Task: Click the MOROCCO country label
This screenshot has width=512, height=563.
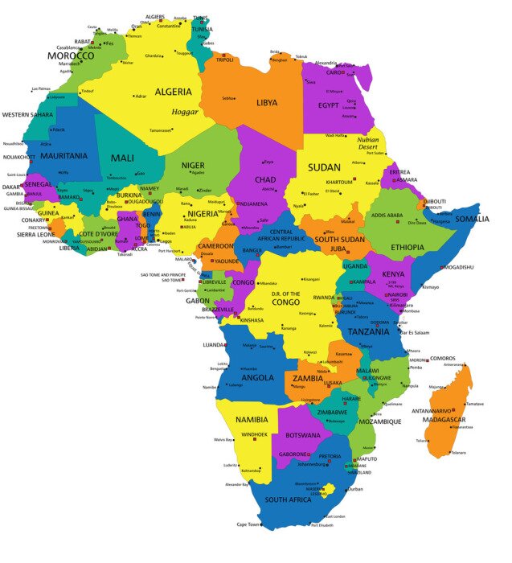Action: [x=71, y=56]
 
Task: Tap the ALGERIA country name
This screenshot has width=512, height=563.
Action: [x=173, y=92]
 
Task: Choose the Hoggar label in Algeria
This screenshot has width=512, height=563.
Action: [x=185, y=111]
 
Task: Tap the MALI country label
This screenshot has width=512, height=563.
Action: [x=122, y=158]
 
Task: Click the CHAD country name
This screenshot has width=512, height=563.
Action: [x=265, y=179]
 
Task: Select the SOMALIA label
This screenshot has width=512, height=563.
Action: [x=472, y=219]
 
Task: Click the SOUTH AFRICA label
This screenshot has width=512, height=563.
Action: [x=288, y=500]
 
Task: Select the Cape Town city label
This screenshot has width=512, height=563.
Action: [x=248, y=524]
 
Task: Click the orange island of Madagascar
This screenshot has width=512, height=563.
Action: [x=450, y=402]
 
